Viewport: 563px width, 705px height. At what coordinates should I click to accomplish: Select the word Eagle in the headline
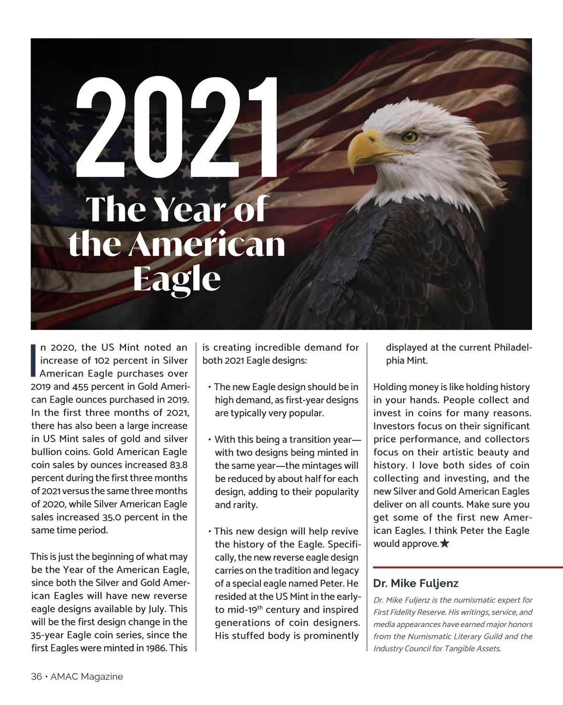pyautogui.click(x=177, y=279)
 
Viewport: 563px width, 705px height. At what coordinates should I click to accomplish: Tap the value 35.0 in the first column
pyautogui.click(x=112, y=518)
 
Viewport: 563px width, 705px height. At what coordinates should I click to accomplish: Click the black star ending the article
pyautogui.click(x=445, y=544)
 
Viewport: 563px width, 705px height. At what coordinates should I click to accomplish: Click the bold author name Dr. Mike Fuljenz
pyautogui.click(x=416, y=583)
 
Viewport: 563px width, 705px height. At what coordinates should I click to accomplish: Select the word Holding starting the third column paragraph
pyautogui.click(x=390, y=387)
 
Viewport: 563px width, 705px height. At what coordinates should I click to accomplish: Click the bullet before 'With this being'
pyautogui.click(x=209, y=440)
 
